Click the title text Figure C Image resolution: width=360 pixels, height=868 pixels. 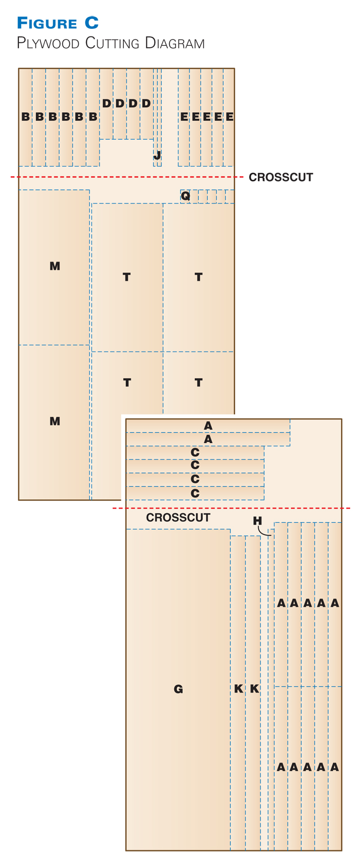click(58, 23)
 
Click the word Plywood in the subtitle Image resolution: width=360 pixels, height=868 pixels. click(48, 43)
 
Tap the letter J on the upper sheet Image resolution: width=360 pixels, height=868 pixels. click(157, 156)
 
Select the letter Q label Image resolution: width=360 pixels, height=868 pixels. click(185, 196)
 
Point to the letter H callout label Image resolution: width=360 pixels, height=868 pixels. click(257, 521)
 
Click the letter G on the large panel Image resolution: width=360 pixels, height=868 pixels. click(178, 689)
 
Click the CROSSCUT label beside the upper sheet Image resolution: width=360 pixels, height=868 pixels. click(281, 177)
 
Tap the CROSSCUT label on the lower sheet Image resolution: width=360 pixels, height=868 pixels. click(178, 518)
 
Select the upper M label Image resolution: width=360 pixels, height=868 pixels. click(54, 266)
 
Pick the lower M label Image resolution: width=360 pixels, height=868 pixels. click(54, 421)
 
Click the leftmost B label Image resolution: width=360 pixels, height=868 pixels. click(26, 117)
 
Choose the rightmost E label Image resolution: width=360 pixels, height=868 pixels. click(229, 117)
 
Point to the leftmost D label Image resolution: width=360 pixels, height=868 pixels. click(106, 104)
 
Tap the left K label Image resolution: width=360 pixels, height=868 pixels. click(238, 689)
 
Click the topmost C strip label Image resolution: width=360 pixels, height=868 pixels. click(195, 452)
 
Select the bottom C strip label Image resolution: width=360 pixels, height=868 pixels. click(195, 493)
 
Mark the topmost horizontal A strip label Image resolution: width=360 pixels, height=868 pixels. click(208, 425)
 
